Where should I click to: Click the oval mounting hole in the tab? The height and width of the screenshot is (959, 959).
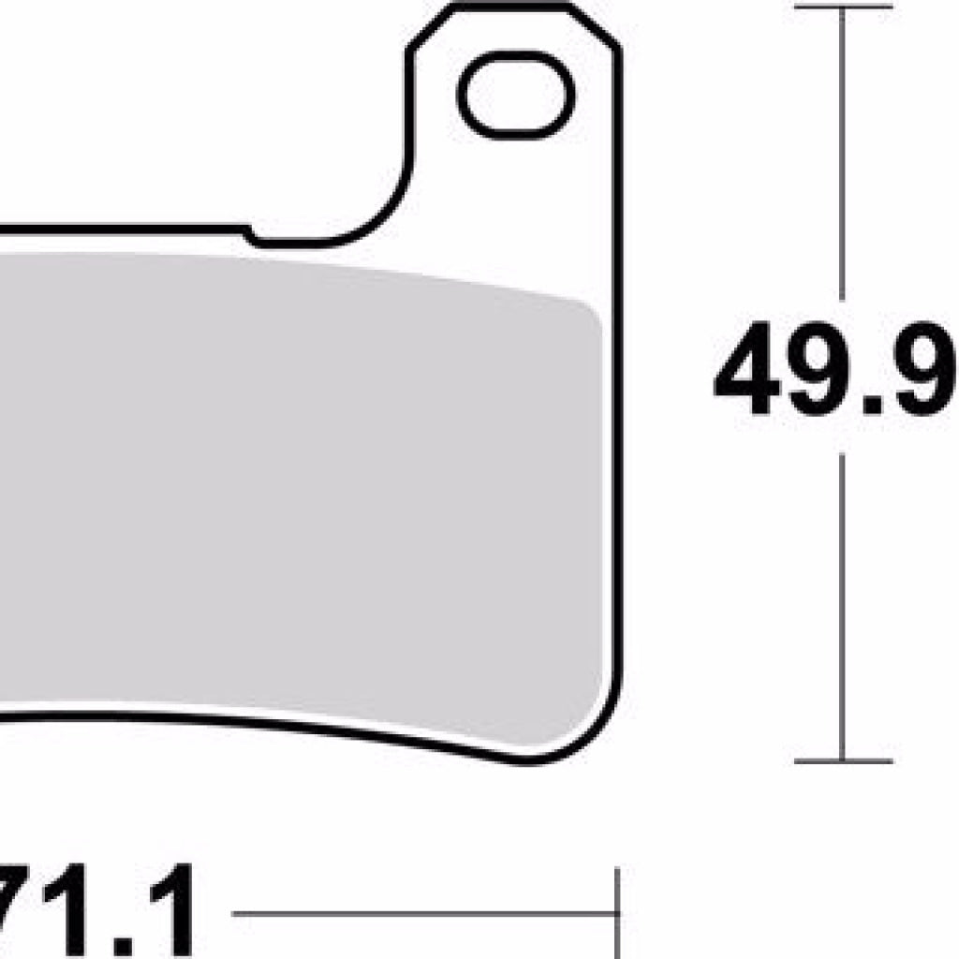pos(516,96)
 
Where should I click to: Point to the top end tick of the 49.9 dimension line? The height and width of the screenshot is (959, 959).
pos(843,9)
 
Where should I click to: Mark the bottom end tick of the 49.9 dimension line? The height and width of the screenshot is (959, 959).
pos(843,760)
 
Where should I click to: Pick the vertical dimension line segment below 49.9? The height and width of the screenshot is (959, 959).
pos(843,609)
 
